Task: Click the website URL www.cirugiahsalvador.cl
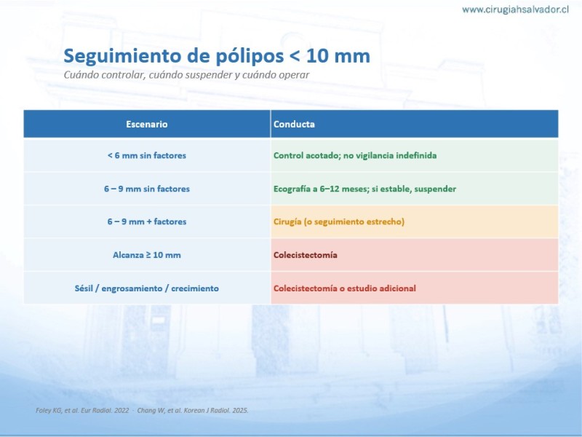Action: [515, 9]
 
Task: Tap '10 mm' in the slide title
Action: [338, 56]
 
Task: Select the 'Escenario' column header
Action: [147, 124]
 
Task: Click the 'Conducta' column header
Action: [294, 124]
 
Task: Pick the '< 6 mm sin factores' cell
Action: [147, 155]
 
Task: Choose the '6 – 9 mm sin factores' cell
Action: [147, 189]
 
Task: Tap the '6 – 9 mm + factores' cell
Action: [147, 221]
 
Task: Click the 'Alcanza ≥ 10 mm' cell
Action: [147, 255]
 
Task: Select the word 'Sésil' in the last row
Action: [83, 288]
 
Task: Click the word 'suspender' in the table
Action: [435, 189]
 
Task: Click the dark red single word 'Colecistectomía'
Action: [305, 255]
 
